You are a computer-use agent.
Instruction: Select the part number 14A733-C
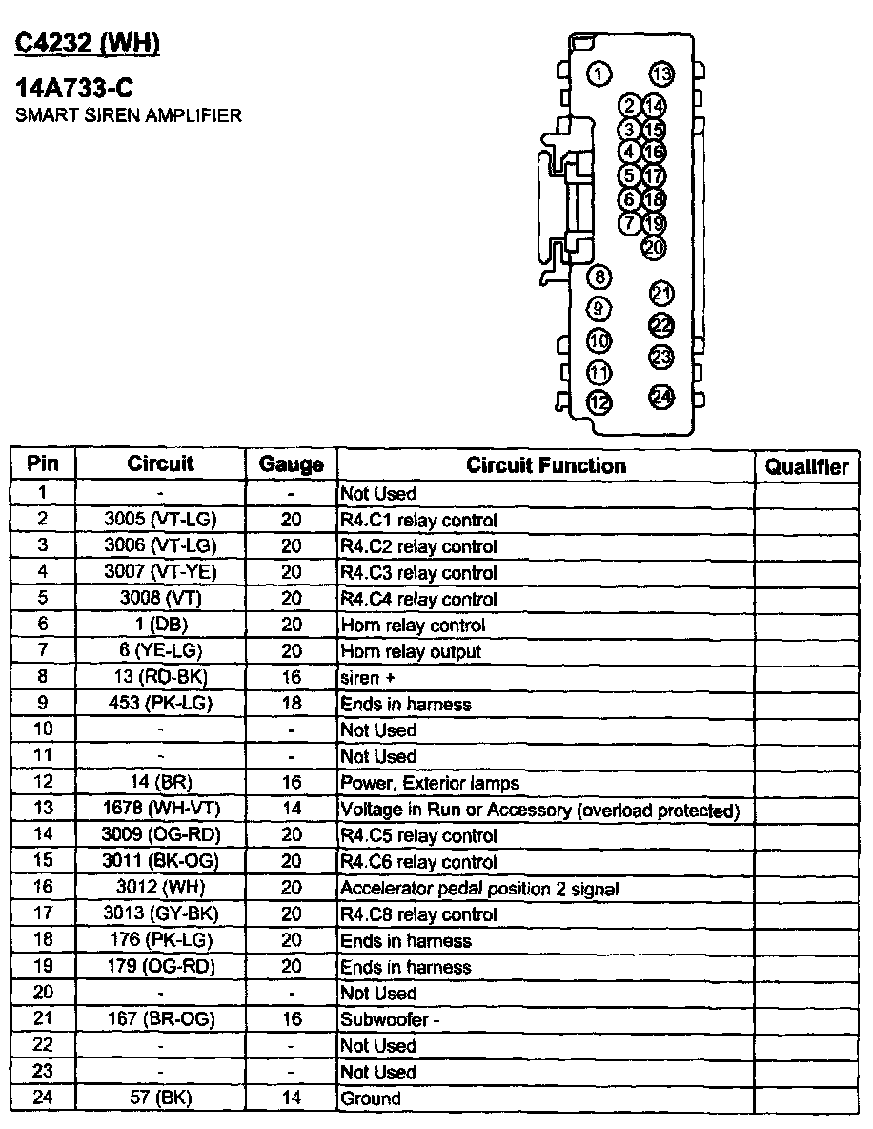click(x=74, y=89)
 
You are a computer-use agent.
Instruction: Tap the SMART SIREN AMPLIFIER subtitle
click(x=129, y=115)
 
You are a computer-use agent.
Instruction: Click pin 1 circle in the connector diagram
click(x=599, y=74)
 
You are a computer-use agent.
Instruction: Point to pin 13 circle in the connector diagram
click(x=661, y=74)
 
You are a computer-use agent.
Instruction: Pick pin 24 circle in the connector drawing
click(x=661, y=397)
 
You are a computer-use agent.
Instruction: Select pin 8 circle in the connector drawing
click(x=599, y=277)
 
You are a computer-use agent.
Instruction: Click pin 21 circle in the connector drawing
click(x=661, y=294)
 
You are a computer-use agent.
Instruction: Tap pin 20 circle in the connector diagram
click(x=654, y=247)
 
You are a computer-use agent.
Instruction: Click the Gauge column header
click(x=292, y=465)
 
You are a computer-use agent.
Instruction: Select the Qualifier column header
click(x=806, y=466)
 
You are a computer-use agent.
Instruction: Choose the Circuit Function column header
click(x=546, y=465)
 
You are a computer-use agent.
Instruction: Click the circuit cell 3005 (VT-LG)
click(x=161, y=520)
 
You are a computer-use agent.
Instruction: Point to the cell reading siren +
click(x=367, y=678)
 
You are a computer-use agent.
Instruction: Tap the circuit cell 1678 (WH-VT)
click(x=161, y=810)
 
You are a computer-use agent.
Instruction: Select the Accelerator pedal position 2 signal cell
click(x=479, y=889)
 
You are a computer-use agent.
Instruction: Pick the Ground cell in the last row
click(x=371, y=1098)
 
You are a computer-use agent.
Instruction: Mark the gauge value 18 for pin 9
click(x=292, y=704)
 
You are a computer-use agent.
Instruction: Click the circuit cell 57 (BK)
click(x=161, y=1098)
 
